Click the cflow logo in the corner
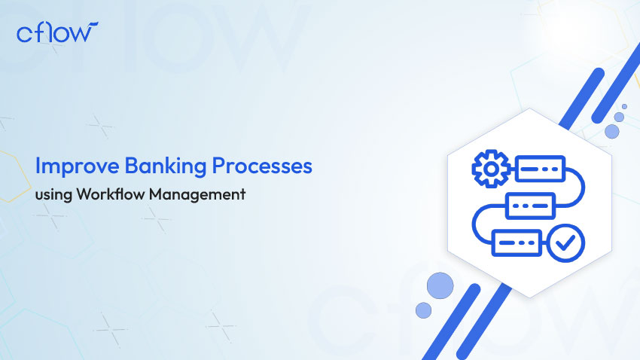coord(57,33)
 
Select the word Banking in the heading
coord(150,166)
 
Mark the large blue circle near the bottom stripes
coord(440,285)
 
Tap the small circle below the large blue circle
coord(424,310)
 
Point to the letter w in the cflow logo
coord(83,33)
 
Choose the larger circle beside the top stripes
coord(612,131)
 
